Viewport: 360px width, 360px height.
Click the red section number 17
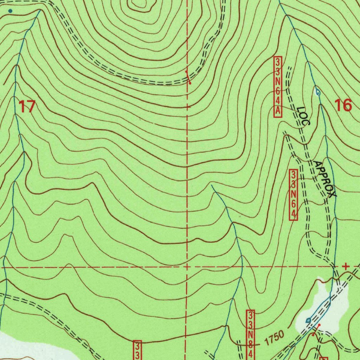point(27,106)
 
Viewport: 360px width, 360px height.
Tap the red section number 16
point(343,105)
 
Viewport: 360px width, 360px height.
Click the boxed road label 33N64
point(294,195)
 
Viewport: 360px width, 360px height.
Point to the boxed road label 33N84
point(250,334)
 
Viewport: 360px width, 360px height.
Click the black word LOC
point(303,116)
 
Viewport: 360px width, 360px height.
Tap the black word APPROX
point(325,179)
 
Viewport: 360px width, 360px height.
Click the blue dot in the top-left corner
point(10,11)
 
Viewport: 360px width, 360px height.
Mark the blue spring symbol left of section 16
point(318,93)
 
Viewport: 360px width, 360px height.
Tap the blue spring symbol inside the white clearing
point(308,320)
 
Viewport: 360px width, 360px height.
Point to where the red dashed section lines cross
point(187,267)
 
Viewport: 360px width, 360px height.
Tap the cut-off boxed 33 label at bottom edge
point(137,350)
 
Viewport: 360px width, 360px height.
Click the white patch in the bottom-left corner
point(28,346)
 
